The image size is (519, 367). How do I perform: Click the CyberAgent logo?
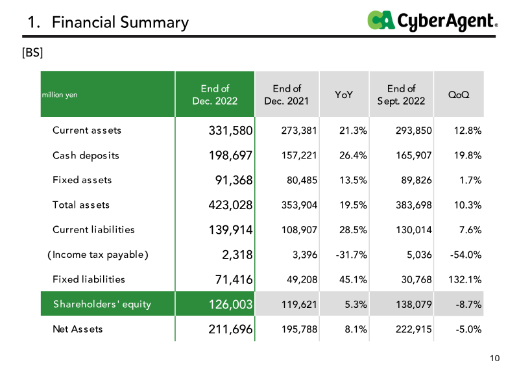point(432,21)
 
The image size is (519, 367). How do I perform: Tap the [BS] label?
point(32,53)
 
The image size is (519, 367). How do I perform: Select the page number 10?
point(494,358)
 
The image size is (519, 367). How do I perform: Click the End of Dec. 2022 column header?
point(215,94)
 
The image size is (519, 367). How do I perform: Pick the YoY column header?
point(344,95)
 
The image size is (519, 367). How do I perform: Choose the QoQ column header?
point(459,95)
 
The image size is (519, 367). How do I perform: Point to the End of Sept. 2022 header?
point(401,94)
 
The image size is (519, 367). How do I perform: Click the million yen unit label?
point(60,95)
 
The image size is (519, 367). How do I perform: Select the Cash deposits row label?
point(86,155)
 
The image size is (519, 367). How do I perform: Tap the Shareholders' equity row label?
point(102,304)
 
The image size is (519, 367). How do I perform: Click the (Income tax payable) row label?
point(98,255)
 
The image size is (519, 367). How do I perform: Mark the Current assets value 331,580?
point(230,131)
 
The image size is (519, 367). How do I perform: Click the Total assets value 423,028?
point(230,205)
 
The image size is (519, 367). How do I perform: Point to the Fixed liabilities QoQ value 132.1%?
point(465,279)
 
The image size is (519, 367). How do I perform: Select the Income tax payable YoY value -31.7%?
point(351,255)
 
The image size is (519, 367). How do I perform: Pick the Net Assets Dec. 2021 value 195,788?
point(299,329)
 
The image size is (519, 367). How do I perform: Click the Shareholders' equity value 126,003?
point(230,304)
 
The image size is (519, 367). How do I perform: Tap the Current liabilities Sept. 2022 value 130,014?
point(414,230)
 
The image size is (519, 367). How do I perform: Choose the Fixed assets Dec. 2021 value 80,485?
point(302,181)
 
